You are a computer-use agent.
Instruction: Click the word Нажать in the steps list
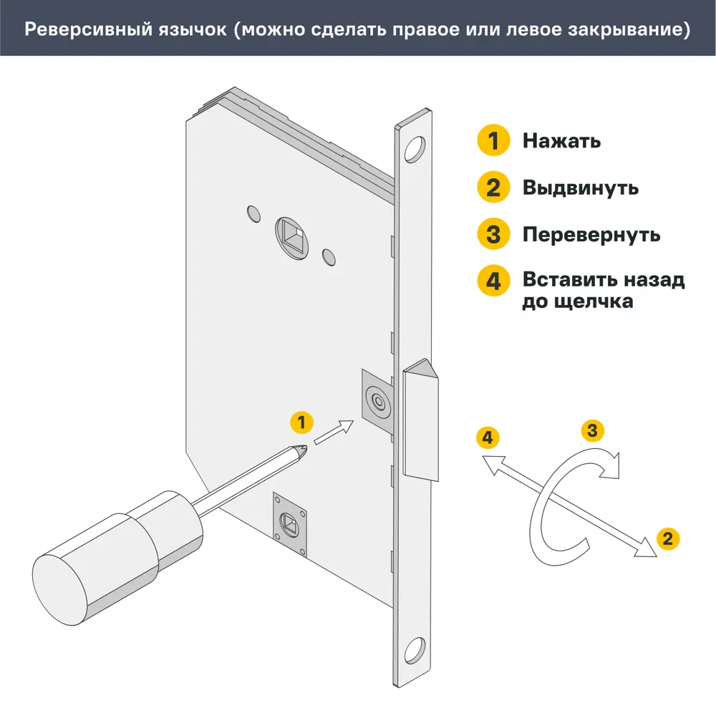pyautogui.click(x=561, y=140)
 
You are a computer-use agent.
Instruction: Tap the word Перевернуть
pyautogui.click(x=591, y=234)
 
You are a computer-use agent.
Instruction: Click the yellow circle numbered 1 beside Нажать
pyautogui.click(x=493, y=140)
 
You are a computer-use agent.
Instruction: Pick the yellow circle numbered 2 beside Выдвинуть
pyautogui.click(x=493, y=188)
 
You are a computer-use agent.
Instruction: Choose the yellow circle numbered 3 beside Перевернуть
pyautogui.click(x=493, y=234)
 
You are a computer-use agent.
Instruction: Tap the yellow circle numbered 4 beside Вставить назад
pyautogui.click(x=493, y=280)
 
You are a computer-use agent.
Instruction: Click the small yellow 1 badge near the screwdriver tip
pyautogui.click(x=301, y=422)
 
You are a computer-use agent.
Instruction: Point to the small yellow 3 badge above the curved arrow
pyautogui.click(x=591, y=430)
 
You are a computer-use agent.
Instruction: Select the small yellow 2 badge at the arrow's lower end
pyautogui.click(x=667, y=538)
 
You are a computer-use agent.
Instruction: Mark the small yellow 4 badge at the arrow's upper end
pyautogui.click(x=487, y=436)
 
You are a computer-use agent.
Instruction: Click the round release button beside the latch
pyautogui.click(x=377, y=401)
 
